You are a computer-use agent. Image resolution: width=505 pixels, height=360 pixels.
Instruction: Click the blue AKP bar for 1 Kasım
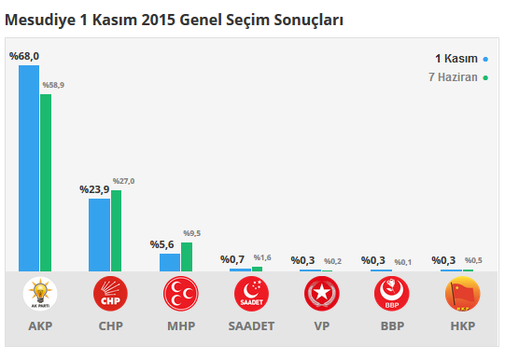29,168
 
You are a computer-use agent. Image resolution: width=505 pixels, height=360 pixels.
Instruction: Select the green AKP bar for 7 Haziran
46,182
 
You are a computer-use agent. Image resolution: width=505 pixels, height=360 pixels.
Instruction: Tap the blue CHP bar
99,234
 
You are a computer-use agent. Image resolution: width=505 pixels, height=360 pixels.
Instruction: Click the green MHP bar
187,256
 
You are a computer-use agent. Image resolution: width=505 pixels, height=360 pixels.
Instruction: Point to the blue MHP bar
169,262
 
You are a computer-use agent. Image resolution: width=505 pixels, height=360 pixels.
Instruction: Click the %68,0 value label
24,57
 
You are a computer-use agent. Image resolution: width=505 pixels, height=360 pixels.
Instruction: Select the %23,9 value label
94,189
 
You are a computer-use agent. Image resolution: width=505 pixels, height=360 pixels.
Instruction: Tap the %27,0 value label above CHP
123,181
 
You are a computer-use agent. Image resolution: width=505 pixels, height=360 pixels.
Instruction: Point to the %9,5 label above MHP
191,233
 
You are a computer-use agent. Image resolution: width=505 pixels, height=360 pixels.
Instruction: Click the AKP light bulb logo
40,295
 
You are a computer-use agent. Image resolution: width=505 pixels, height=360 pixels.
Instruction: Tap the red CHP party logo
110,295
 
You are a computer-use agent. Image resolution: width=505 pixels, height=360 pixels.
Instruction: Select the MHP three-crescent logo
181,295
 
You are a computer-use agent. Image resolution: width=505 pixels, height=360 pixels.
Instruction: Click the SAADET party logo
251,295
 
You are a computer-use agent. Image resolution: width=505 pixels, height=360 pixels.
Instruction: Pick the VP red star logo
322,295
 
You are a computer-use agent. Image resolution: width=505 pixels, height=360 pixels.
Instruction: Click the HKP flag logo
463,295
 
